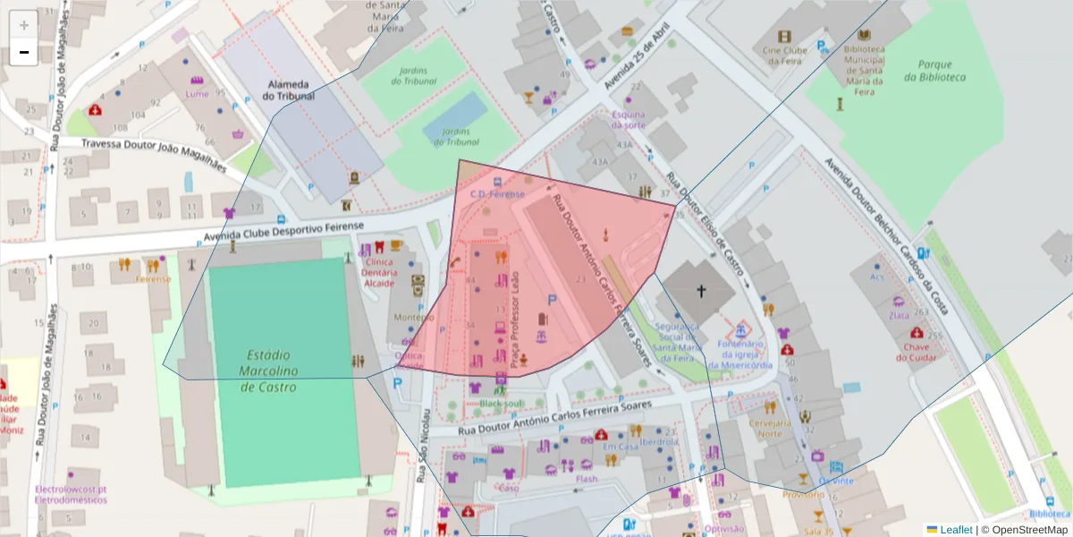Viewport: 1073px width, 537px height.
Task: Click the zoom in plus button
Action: pyautogui.click(x=24, y=24)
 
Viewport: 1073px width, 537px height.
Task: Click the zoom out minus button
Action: pyautogui.click(x=24, y=52)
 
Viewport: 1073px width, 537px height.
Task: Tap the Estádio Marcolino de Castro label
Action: pyautogui.click(x=268, y=371)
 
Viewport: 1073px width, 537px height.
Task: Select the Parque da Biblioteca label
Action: pyautogui.click(x=934, y=71)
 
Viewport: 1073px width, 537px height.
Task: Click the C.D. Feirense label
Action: pyautogui.click(x=497, y=194)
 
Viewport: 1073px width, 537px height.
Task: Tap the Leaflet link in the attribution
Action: pyautogui.click(x=956, y=530)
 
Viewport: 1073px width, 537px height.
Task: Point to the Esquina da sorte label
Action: pyautogui.click(x=629, y=120)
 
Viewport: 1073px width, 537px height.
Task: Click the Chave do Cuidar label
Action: pyautogui.click(x=917, y=352)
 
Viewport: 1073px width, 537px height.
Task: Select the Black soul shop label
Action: pyautogui.click(x=502, y=404)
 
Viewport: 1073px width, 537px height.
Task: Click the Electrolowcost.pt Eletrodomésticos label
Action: pyautogui.click(x=71, y=495)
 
